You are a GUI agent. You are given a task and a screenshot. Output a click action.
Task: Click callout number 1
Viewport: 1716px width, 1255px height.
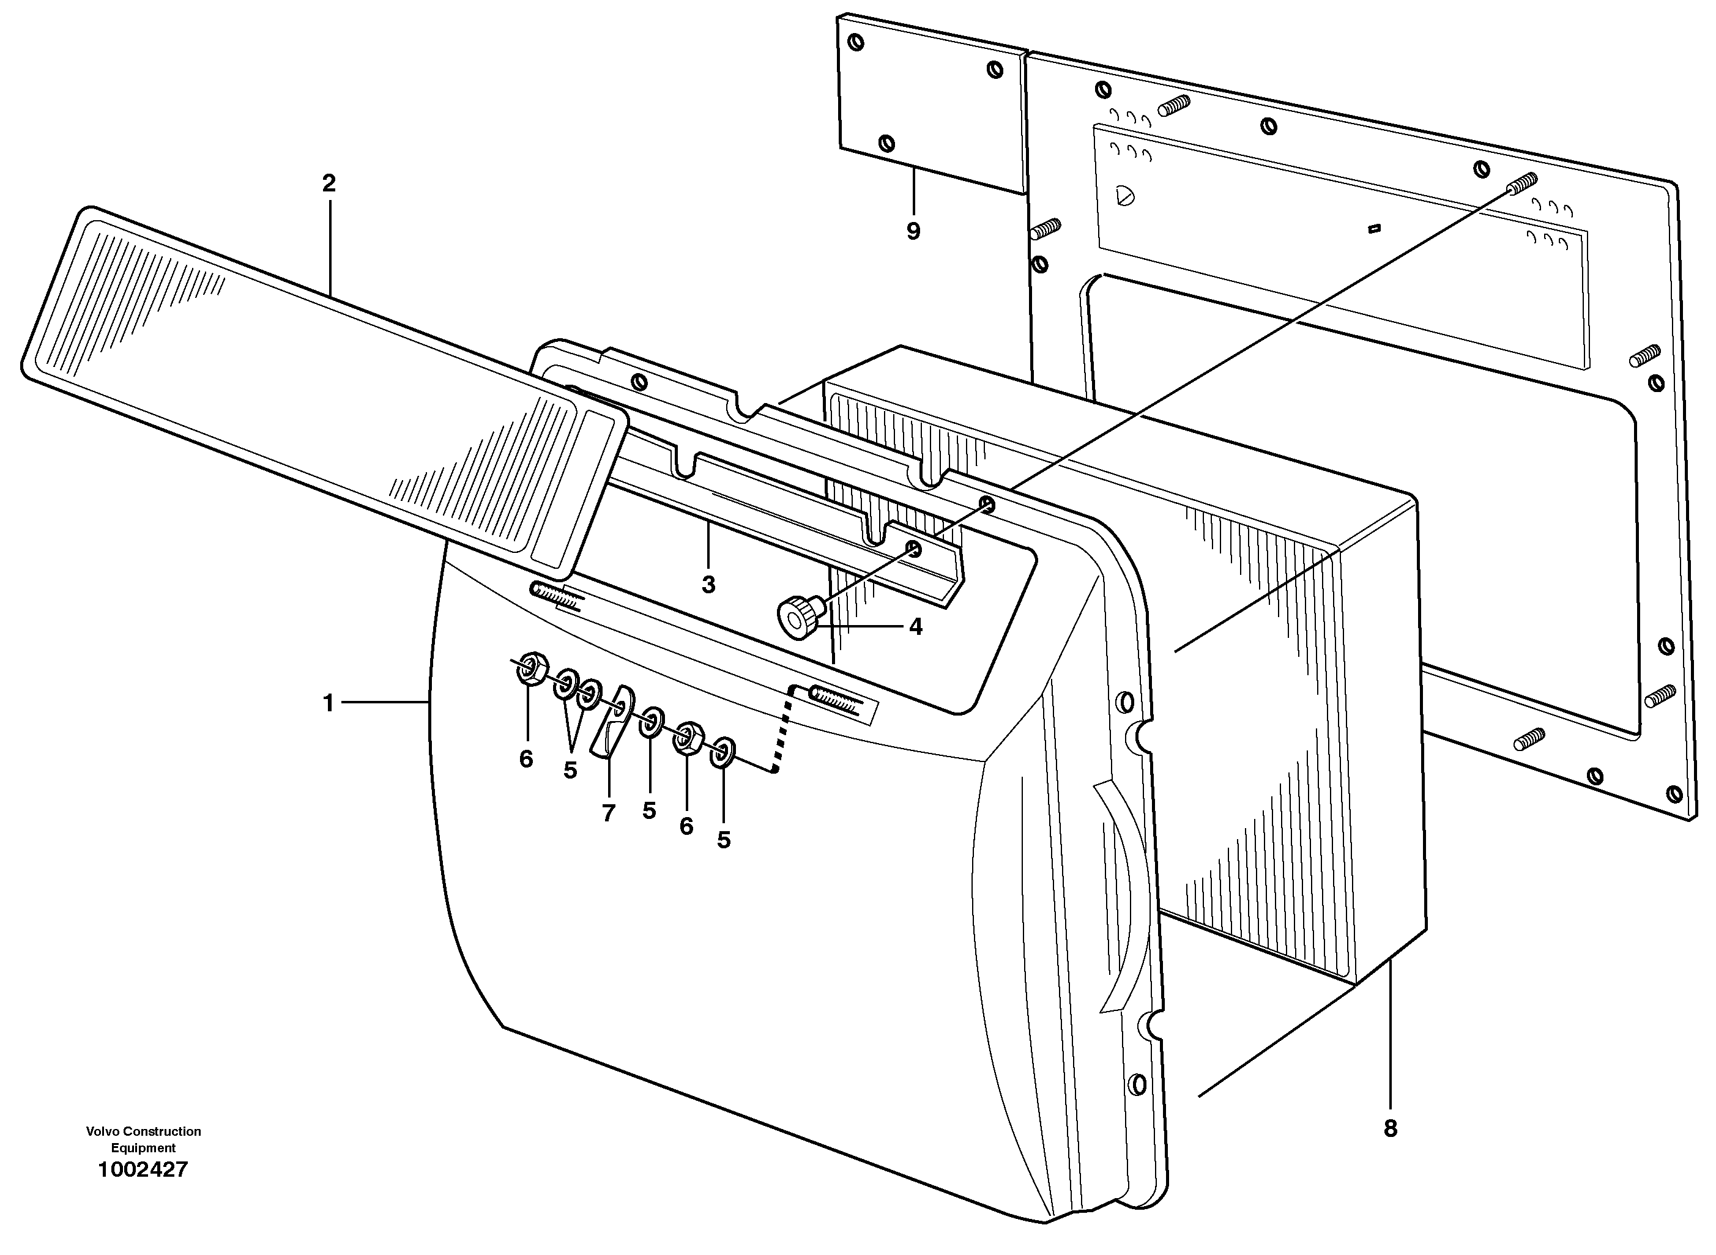click(329, 703)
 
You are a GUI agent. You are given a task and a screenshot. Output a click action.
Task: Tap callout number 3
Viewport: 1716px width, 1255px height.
click(708, 585)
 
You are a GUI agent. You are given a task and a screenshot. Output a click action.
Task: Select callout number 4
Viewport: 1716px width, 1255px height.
click(915, 627)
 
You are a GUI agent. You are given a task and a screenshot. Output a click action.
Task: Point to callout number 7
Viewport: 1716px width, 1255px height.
click(608, 813)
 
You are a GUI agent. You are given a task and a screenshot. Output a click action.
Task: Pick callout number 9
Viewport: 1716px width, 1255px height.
click(913, 231)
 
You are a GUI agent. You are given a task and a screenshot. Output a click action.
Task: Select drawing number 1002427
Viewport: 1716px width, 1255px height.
click(143, 1169)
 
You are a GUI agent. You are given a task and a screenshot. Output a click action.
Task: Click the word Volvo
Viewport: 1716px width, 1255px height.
click(103, 1131)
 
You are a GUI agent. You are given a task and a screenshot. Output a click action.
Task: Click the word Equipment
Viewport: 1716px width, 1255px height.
click(143, 1148)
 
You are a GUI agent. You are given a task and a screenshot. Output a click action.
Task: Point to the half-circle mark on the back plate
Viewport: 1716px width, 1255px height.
click(1123, 196)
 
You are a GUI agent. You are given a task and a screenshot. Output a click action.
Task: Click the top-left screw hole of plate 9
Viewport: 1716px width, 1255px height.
click(856, 43)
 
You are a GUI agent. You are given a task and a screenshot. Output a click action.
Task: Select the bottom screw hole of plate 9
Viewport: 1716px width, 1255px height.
click(886, 143)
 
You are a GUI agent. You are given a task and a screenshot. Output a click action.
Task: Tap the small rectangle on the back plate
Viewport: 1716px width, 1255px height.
click(1374, 227)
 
